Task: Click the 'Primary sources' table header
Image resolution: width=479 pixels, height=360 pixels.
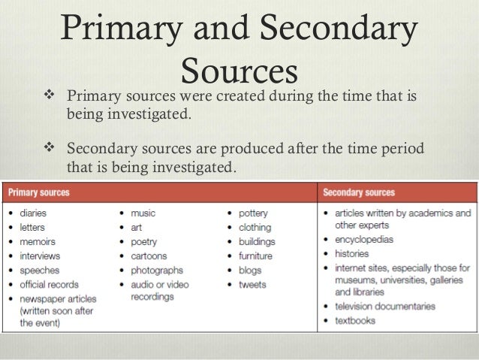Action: (x=40, y=193)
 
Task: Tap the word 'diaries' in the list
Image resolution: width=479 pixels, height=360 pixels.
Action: (x=34, y=213)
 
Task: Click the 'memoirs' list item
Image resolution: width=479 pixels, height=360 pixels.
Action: (x=38, y=242)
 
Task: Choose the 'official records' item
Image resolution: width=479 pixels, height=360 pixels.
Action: (x=53, y=285)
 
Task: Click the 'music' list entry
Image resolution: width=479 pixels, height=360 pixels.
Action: (x=143, y=213)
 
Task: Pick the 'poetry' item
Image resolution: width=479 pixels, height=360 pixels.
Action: (x=144, y=242)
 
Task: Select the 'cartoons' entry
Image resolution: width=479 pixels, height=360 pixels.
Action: (x=148, y=256)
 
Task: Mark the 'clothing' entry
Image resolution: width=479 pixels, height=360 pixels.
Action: (x=255, y=228)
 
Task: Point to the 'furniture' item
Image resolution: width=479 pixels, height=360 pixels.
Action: (x=257, y=256)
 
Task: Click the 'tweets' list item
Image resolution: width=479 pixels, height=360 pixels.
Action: (x=252, y=285)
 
